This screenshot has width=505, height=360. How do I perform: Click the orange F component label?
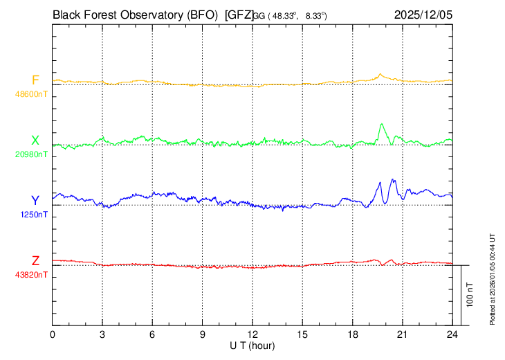point(35,80)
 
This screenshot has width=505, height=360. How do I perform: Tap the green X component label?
point(35,141)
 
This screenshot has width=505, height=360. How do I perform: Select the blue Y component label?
point(35,201)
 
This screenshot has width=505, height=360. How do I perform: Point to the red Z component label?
point(35,261)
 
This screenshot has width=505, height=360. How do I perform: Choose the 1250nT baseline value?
point(33,215)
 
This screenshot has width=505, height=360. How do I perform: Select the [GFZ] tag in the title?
point(239,14)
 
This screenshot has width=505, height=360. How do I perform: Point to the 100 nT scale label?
point(470,294)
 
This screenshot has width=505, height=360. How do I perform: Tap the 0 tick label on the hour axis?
point(53,334)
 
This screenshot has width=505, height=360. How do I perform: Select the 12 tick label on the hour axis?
point(252,334)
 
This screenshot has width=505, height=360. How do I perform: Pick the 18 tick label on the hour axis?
point(352,334)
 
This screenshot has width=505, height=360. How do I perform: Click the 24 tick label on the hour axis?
point(452,334)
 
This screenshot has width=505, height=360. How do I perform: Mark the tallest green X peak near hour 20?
point(382,124)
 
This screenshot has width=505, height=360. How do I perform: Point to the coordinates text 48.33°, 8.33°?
point(299,15)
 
